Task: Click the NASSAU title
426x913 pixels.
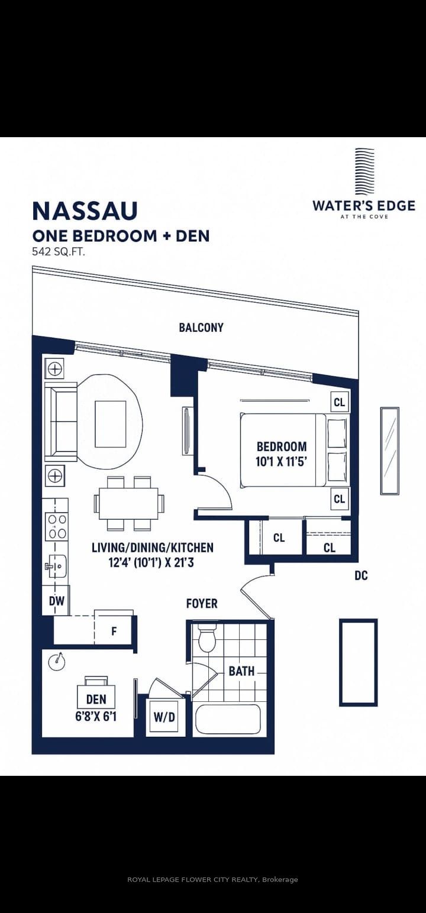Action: (x=85, y=211)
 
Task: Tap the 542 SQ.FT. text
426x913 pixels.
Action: (x=59, y=252)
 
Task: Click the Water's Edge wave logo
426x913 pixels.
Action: (x=364, y=172)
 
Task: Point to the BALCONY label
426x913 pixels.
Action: (x=201, y=327)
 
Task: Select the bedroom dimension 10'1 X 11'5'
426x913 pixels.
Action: (x=281, y=462)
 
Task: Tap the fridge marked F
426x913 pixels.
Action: (x=114, y=632)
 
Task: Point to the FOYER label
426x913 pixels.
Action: (x=202, y=603)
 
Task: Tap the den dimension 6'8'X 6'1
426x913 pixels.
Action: (x=96, y=716)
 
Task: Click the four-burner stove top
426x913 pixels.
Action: (x=57, y=526)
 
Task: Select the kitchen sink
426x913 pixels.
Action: (x=57, y=566)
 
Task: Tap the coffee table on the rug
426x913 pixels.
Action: (x=111, y=424)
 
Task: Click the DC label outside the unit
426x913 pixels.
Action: (x=361, y=575)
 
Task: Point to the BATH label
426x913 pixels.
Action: (x=241, y=671)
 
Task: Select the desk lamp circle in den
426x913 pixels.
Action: (x=57, y=662)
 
